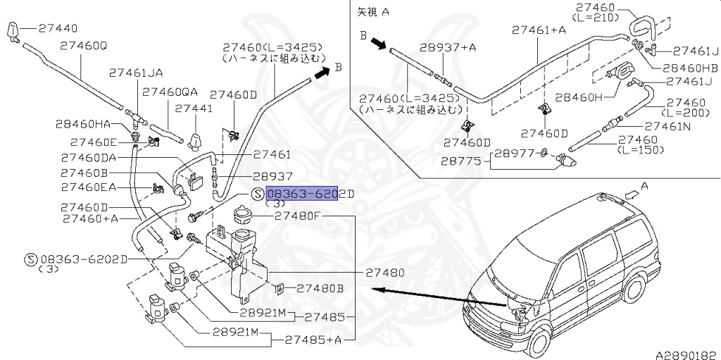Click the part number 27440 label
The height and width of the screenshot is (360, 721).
tap(58, 29)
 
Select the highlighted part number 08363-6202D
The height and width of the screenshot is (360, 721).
tap(302, 194)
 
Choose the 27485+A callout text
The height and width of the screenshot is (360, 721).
tap(313, 339)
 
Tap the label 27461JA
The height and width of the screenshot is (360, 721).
tap(136, 73)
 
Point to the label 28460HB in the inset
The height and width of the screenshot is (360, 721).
tap(689, 68)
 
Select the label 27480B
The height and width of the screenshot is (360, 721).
tap(320, 288)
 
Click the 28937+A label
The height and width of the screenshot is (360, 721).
tap(448, 47)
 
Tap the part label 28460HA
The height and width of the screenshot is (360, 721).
tap(83, 124)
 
